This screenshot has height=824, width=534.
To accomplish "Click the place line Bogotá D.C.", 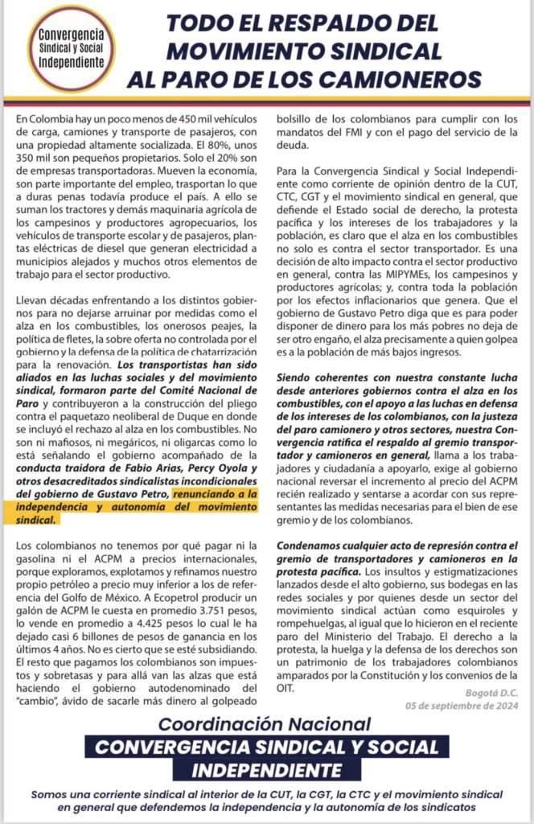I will tap(488, 692).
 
